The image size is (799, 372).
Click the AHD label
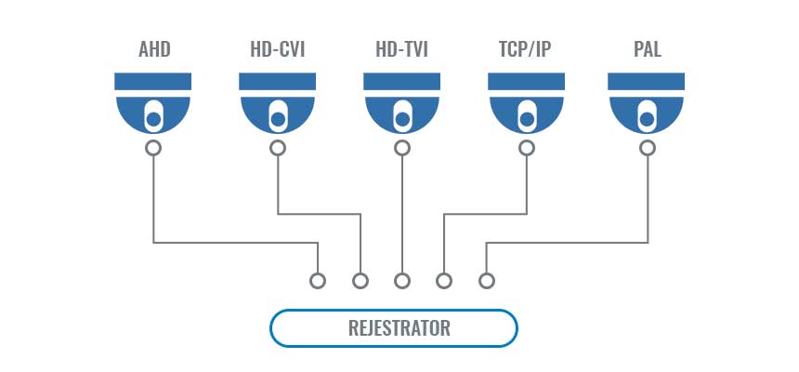click(154, 50)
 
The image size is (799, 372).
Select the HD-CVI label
click(277, 50)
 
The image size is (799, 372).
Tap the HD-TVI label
click(401, 50)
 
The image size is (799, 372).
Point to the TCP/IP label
click(525, 50)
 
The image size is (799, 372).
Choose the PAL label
click(648, 50)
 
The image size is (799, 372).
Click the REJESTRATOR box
click(393, 327)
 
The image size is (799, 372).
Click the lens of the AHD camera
click(153, 119)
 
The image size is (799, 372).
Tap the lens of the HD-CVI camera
click(278, 119)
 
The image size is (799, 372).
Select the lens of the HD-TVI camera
click(402, 119)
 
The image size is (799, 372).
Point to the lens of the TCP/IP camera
click(527, 119)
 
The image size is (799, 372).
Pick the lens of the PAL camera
click(647, 119)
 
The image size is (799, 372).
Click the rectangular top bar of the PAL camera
click(646, 82)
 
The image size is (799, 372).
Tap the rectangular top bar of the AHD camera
click(153, 82)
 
